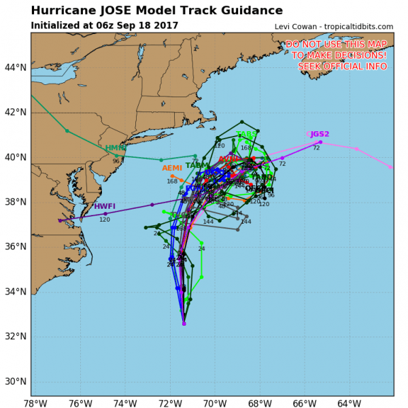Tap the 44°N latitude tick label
click(x=15, y=67)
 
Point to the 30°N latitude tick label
click(x=15, y=381)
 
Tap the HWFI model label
click(x=105, y=206)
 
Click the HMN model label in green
click(x=115, y=148)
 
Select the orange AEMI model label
click(x=172, y=168)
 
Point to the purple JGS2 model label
click(x=320, y=134)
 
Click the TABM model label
click(x=197, y=165)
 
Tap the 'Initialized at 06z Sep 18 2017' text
click(x=104, y=26)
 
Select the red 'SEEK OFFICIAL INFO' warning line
click(x=343, y=66)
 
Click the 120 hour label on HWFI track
click(x=105, y=220)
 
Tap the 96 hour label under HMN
click(x=116, y=161)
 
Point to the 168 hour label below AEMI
click(x=172, y=181)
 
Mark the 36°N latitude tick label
click(x=15, y=246)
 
